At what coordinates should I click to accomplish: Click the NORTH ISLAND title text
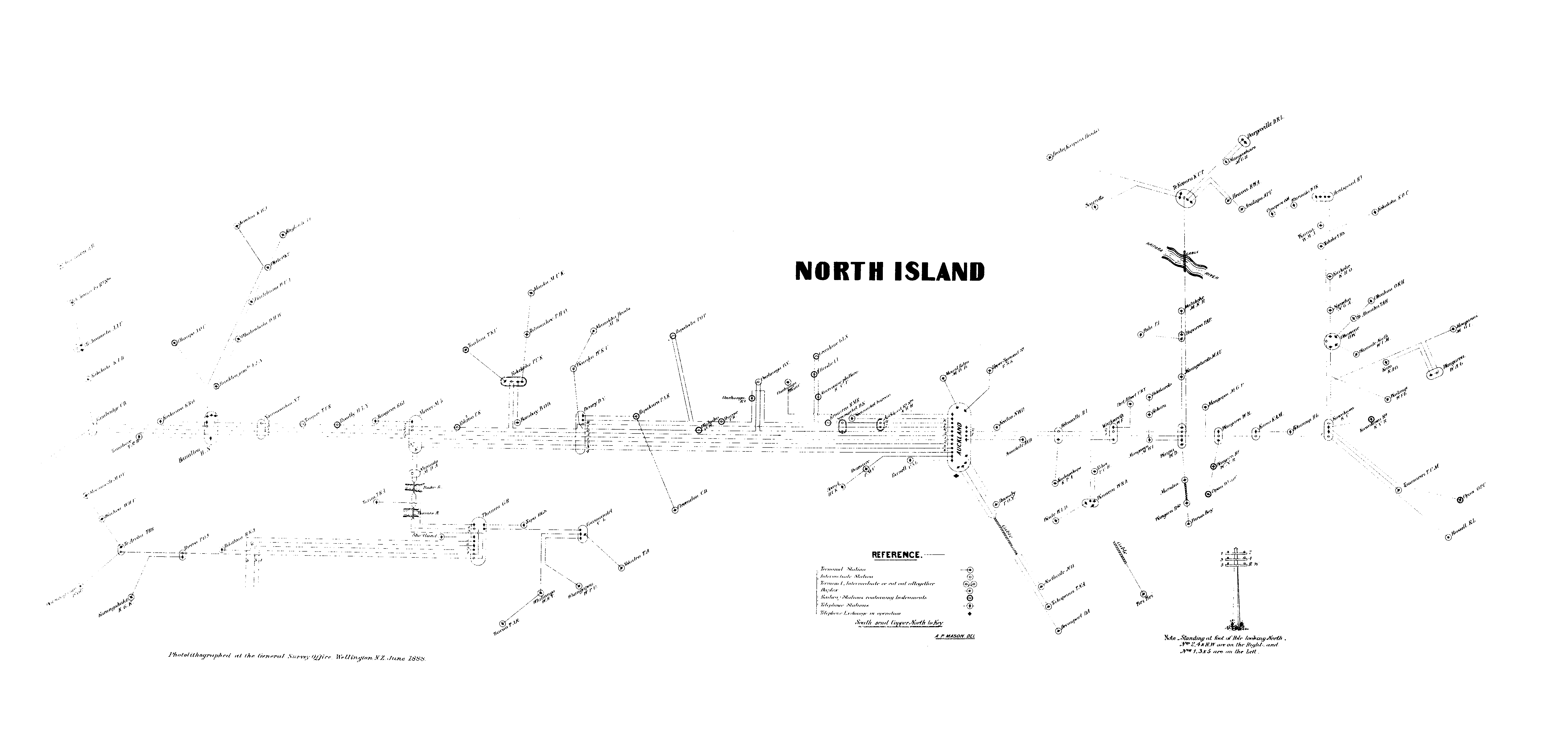889,271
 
